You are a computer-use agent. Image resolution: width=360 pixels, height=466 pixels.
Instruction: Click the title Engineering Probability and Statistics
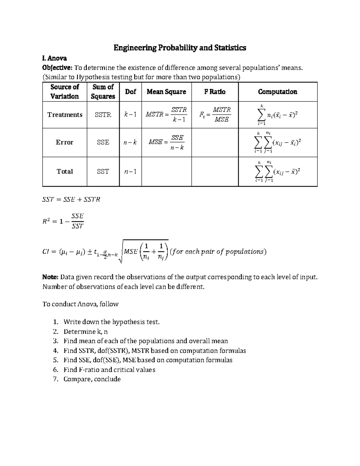[x=180, y=48]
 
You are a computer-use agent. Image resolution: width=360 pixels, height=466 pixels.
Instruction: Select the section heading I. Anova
[x=54, y=58]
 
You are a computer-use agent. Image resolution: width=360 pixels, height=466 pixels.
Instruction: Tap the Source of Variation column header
[x=64, y=92]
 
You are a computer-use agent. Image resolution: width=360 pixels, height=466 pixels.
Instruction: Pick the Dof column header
[x=130, y=92]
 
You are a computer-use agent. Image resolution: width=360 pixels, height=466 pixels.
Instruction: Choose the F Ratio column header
[x=214, y=92]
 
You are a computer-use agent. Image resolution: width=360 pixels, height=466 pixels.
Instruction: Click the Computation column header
[x=277, y=92]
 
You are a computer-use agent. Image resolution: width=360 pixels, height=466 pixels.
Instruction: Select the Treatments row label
[x=64, y=115]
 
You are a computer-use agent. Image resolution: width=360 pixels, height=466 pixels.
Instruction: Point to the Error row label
[x=64, y=142]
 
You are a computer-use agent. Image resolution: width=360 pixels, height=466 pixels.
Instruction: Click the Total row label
[x=64, y=171]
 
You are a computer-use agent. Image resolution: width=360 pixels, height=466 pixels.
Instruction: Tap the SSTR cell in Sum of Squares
[x=103, y=115]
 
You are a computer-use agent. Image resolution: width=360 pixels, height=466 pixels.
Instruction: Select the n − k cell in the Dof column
[x=130, y=142]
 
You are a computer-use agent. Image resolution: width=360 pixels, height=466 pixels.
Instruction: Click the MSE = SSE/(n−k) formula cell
[x=166, y=142]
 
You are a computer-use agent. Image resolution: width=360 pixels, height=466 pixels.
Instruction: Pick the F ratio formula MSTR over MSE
[x=215, y=115]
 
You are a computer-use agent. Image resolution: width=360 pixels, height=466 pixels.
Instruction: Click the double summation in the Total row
[x=277, y=172]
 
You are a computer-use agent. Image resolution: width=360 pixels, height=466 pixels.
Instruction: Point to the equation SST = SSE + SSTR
[x=71, y=199]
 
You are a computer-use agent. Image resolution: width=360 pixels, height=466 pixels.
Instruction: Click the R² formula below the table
[x=63, y=221]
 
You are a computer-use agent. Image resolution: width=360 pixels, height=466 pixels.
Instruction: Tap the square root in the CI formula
[x=144, y=251]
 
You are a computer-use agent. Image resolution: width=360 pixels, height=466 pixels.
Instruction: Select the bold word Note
[x=51, y=277]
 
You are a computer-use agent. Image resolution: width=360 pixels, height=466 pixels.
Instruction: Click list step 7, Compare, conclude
[x=92, y=379]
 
